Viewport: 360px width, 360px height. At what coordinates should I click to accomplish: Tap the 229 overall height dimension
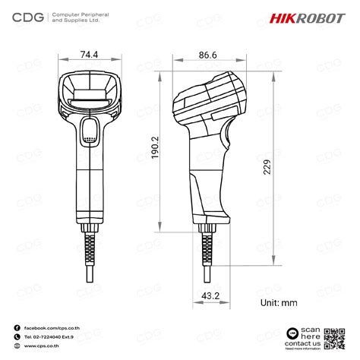tap(267, 166)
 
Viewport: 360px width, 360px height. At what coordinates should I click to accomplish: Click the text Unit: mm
tap(278, 302)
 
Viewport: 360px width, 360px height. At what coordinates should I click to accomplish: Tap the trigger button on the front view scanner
tap(90, 131)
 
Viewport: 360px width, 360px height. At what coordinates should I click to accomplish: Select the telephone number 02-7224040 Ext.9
tap(53, 336)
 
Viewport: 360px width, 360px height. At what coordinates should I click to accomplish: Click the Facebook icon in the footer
tap(17, 327)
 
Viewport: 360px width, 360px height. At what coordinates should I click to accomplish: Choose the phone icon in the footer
tap(17, 336)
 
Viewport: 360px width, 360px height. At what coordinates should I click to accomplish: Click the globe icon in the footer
tap(17, 346)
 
